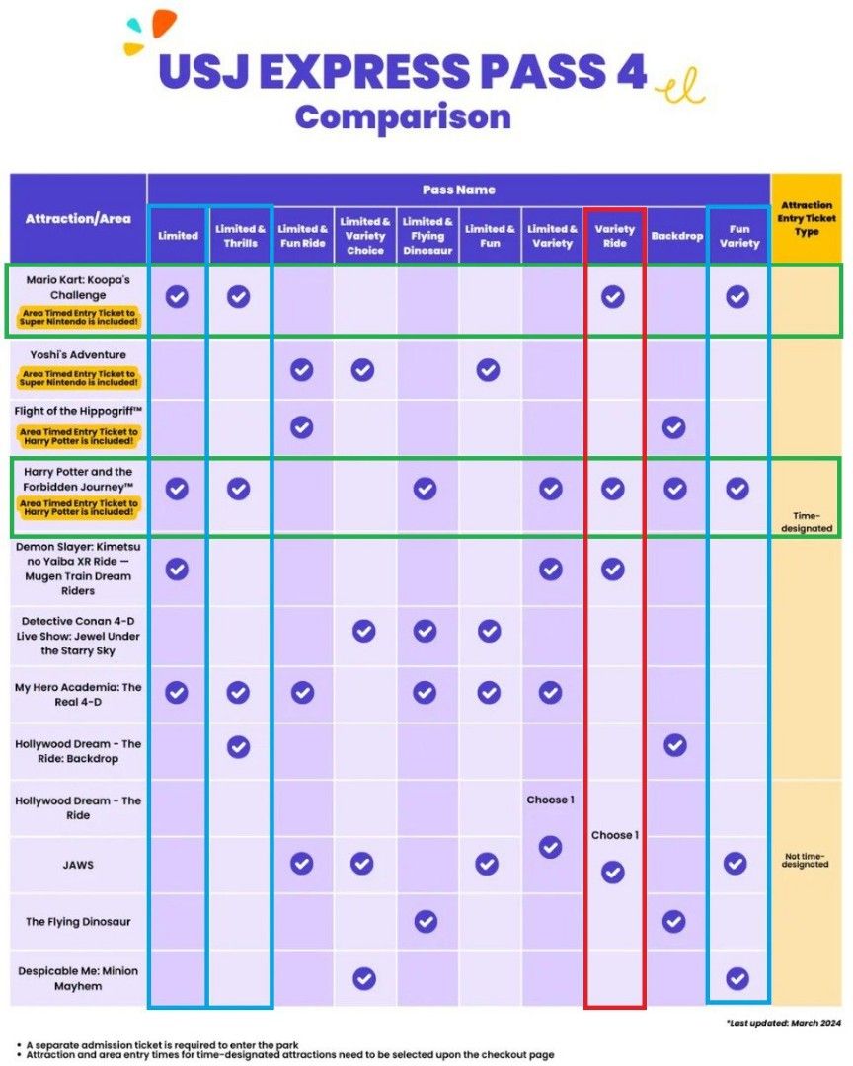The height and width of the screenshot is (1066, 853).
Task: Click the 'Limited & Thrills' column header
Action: [240, 236]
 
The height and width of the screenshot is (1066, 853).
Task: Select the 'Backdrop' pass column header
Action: [676, 236]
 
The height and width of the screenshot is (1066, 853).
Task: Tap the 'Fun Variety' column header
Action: [738, 236]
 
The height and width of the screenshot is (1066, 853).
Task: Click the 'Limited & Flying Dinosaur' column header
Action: [426, 236]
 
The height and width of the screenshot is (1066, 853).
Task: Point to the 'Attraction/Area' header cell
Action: [78, 218]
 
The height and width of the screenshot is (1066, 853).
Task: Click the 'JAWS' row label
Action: [78, 865]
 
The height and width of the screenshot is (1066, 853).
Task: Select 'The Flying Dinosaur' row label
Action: [78, 922]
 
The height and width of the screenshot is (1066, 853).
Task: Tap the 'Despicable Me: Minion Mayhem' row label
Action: [78, 978]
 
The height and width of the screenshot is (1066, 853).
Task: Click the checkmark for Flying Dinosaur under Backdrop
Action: [674, 922]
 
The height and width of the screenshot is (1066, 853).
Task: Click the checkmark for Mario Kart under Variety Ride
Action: [613, 296]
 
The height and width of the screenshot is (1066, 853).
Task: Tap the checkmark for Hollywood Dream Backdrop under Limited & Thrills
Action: [238, 746]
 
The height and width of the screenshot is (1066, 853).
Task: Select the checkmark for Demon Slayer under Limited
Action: [177, 569]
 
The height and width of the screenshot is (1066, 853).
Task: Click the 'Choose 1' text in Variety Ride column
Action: [614, 835]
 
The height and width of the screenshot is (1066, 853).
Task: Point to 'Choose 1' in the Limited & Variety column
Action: [550, 799]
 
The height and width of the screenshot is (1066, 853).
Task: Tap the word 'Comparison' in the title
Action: [403, 117]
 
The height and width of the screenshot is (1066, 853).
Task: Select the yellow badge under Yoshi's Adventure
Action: [77, 378]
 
